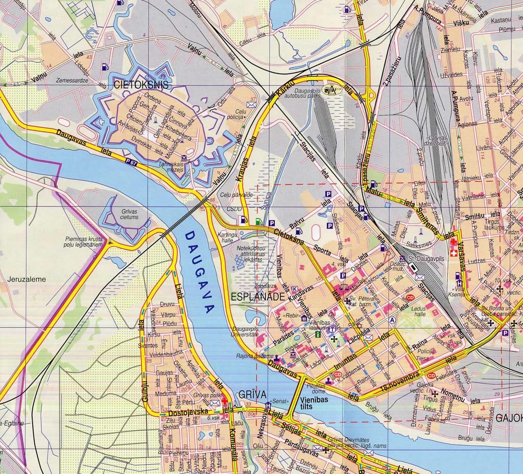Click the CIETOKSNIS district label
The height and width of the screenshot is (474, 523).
[x=140, y=84]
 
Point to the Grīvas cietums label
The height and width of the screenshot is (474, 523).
[x=129, y=214]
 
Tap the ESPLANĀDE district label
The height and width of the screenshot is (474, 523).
[x=256, y=296]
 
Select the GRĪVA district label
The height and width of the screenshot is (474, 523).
[x=252, y=394]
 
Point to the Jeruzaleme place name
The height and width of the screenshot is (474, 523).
[x=27, y=279]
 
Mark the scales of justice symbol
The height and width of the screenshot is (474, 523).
[x=341, y=289]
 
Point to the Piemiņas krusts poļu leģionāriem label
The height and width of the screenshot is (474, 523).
[x=84, y=242]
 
